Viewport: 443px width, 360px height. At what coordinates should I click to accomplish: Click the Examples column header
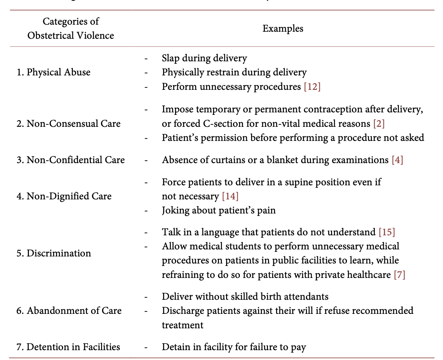283,29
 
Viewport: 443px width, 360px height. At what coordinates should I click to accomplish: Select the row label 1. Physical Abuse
54,72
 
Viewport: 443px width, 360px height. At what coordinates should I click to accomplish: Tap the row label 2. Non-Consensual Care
68,124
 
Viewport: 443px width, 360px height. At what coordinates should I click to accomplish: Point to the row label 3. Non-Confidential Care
70,160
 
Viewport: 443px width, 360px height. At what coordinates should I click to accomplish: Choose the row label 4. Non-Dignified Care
64,196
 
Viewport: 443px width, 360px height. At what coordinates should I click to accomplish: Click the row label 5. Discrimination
54,253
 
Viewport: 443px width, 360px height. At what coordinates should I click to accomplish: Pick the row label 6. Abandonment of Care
69,311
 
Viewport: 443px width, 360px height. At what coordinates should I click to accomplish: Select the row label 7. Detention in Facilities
68,347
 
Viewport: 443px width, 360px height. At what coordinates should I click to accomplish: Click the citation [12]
312,87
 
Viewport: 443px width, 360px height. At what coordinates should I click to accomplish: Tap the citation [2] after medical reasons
379,124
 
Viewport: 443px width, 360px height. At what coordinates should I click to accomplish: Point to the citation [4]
397,160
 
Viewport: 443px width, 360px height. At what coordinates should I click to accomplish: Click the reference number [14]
230,196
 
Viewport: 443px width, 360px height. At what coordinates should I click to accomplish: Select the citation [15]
387,232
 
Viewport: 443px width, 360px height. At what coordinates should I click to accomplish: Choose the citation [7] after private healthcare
399,275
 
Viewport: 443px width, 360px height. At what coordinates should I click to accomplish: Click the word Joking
174,211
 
